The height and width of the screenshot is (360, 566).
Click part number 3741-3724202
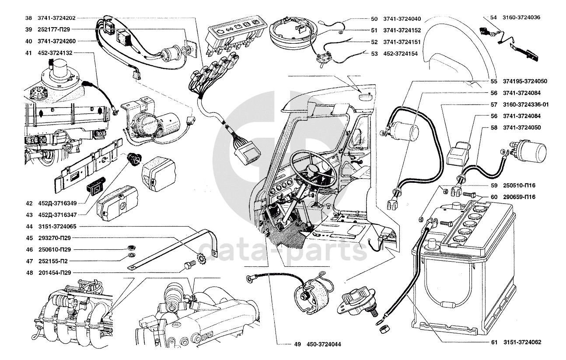(x=56, y=18)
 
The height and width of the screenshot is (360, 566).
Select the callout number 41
(x=28, y=52)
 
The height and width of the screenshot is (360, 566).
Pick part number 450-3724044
(x=324, y=344)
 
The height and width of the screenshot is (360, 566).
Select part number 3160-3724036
(x=521, y=17)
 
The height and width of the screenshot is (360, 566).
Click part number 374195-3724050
(x=525, y=81)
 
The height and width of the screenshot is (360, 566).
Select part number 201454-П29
(x=54, y=272)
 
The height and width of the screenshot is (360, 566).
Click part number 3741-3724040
(x=402, y=19)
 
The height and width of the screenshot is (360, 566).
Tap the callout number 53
(x=374, y=54)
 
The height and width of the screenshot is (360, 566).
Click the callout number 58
(x=494, y=128)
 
